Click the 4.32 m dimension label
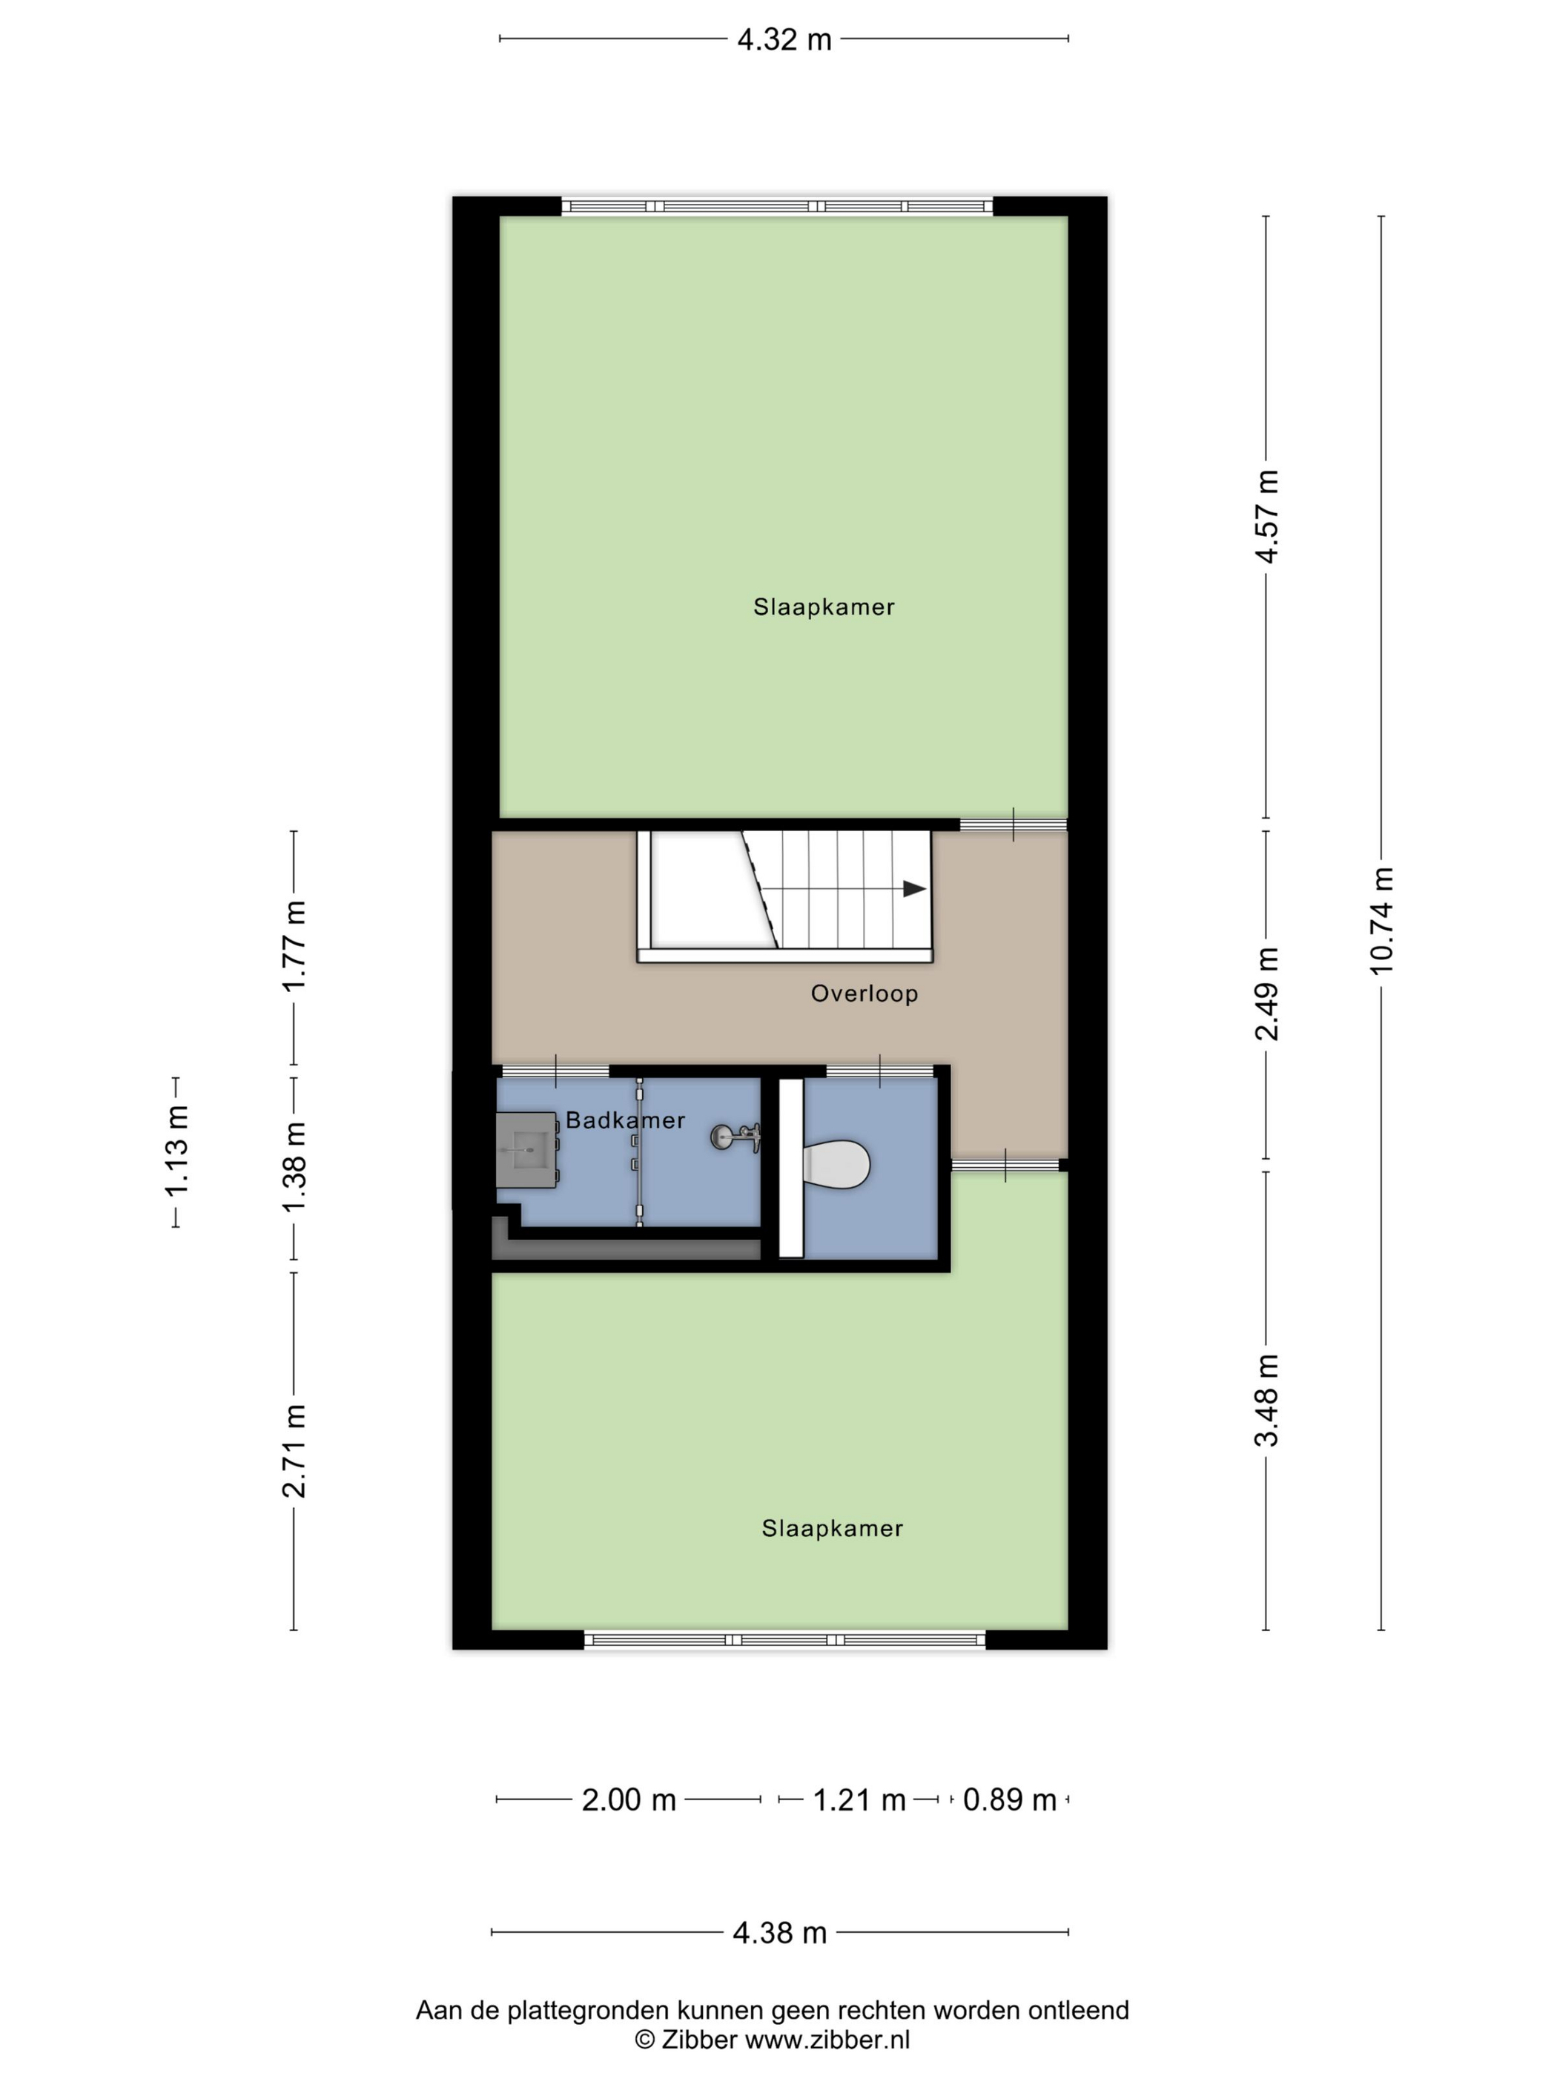tap(784, 40)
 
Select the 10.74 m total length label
tap(1381, 920)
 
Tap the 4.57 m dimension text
tap(1267, 515)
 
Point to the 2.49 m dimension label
tap(1267, 994)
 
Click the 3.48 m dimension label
tap(1267, 1401)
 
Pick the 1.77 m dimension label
tap(294, 945)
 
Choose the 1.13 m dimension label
tap(176, 1151)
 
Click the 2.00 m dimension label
tap(629, 1800)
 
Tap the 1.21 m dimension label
tap(859, 1800)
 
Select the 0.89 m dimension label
tap(1010, 1800)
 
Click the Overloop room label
tap(865, 994)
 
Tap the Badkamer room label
tap(625, 1120)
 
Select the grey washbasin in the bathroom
tap(526, 1150)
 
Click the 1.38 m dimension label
tap(294, 1166)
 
